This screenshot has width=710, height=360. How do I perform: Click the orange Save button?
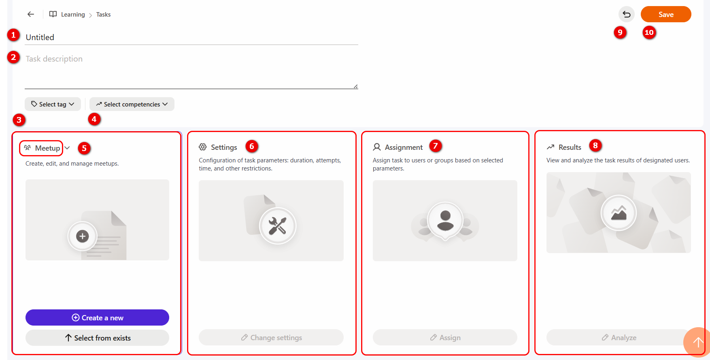point(666,14)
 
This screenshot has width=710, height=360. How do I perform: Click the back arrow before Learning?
point(31,14)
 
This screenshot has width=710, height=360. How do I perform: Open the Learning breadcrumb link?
point(73,15)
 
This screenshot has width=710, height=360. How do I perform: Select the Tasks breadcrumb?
point(103,15)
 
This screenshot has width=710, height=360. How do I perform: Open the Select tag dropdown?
point(53,104)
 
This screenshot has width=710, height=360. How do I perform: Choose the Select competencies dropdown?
point(132,104)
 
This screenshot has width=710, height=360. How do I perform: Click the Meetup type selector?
point(46,148)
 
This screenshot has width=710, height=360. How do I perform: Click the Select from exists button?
point(97,338)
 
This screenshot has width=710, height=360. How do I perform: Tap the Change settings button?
point(271,337)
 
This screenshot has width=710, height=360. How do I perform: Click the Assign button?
point(445,337)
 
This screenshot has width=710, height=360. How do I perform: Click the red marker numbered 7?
point(436,145)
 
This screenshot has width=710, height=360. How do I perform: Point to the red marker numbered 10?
point(649,32)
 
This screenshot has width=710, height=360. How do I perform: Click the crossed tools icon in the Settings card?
point(278,226)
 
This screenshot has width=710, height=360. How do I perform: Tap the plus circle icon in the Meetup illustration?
point(82,236)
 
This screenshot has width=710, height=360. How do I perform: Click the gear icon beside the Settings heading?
point(203,147)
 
